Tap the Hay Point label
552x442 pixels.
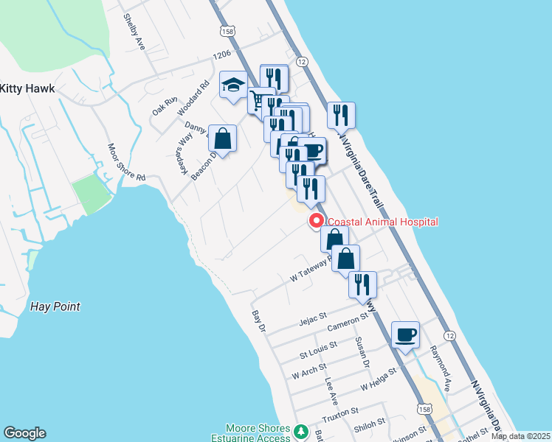[55, 306]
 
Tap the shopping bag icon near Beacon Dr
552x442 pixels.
[221, 138]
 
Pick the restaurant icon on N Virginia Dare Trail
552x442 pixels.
[341, 115]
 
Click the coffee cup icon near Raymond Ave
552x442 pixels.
[405, 335]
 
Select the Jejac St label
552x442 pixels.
[313, 320]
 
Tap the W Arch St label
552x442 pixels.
[309, 371]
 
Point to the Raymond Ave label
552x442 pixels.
[441, 364]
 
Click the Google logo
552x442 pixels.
[25, 433]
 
